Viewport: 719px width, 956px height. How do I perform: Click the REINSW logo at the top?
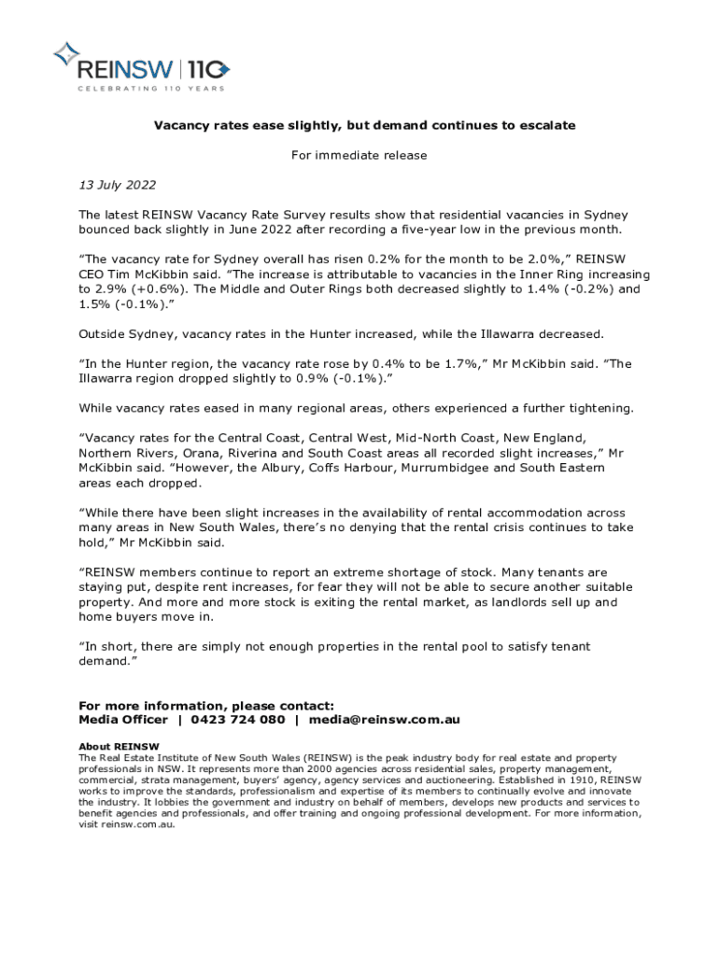click(140, 66)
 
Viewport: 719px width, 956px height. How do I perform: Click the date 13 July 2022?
click(117, 185)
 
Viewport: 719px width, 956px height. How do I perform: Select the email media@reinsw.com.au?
click(385, 720)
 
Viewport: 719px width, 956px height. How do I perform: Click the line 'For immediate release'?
click(359, 155)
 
